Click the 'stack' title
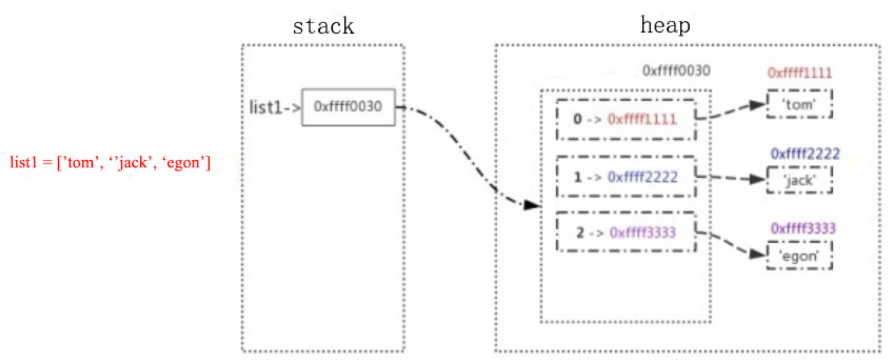point(323,26)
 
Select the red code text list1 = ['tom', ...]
point(110,163)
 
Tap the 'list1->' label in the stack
point(274,107)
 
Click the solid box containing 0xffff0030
point(348,107)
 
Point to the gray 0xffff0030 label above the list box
point(676,71)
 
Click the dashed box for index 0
point(626,119)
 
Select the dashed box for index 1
point(626,177)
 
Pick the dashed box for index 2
point(626,232)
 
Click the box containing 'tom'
point(799,105)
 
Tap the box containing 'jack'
point(799,180)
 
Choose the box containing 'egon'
point(799,255)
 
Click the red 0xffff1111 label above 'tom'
point(799,73)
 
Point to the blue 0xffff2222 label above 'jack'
point(805,154)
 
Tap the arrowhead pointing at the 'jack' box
point(757,179)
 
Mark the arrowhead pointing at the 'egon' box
point(757,255)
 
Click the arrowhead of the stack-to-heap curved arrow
point(531,206)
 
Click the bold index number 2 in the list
point(580,232)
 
